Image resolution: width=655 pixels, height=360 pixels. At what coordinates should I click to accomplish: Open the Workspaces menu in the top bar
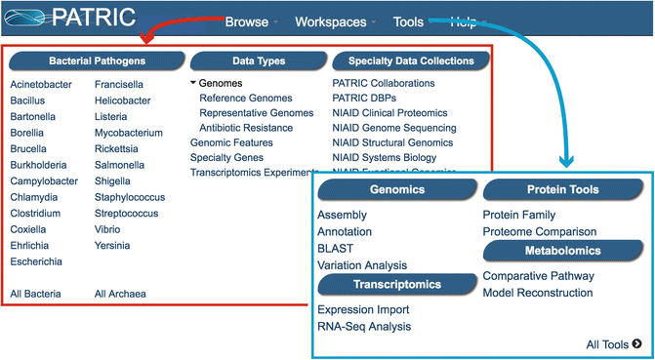tap(330, 21)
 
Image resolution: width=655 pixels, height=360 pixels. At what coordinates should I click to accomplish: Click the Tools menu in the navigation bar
tap(408, 21)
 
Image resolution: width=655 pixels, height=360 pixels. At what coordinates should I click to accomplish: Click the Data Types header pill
tap(259, 60)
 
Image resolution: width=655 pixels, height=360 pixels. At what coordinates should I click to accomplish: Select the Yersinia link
tap(112, 246)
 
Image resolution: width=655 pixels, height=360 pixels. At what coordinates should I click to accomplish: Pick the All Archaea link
tap(120, 294)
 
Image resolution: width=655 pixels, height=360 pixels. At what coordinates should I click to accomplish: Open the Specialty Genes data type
tap(226, 157)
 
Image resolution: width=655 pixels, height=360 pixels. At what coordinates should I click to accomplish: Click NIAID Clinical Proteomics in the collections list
tap(390, 113)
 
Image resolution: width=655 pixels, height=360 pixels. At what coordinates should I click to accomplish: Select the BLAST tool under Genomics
tap(335, 249)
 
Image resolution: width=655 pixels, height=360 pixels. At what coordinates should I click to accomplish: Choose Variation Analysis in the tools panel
tap(362, 265)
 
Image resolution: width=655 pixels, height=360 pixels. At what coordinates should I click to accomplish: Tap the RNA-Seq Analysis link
tap(364, 327)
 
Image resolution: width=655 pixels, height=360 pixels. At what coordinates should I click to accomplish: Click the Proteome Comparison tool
tap(539, 231)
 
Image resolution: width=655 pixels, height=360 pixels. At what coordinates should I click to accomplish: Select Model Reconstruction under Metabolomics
tap(538, 293)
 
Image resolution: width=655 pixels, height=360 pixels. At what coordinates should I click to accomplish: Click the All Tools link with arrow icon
tap(613, 343)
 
